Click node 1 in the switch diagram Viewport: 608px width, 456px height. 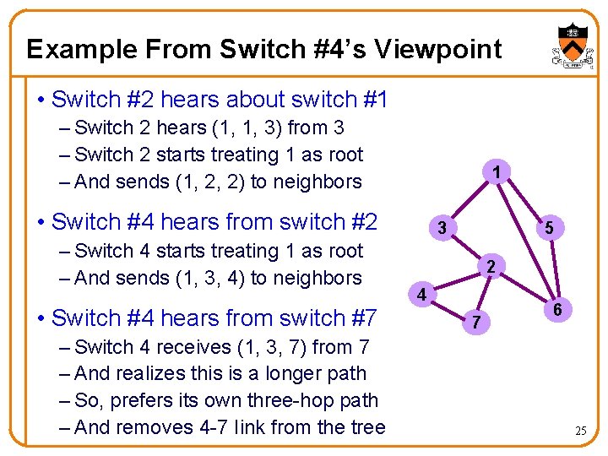[x=498, y=173]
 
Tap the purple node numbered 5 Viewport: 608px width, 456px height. [x=549, y=227]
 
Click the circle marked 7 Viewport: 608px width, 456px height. [x=477, y=322]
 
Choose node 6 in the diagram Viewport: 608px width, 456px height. [x=558, y=310]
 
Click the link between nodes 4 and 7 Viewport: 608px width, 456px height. [x=450, y=308]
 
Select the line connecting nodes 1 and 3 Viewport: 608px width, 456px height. [x=470, y=201]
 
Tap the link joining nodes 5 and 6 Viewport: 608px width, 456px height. [x=553, y=269]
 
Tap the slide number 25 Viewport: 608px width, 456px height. [x=580, y=432]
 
